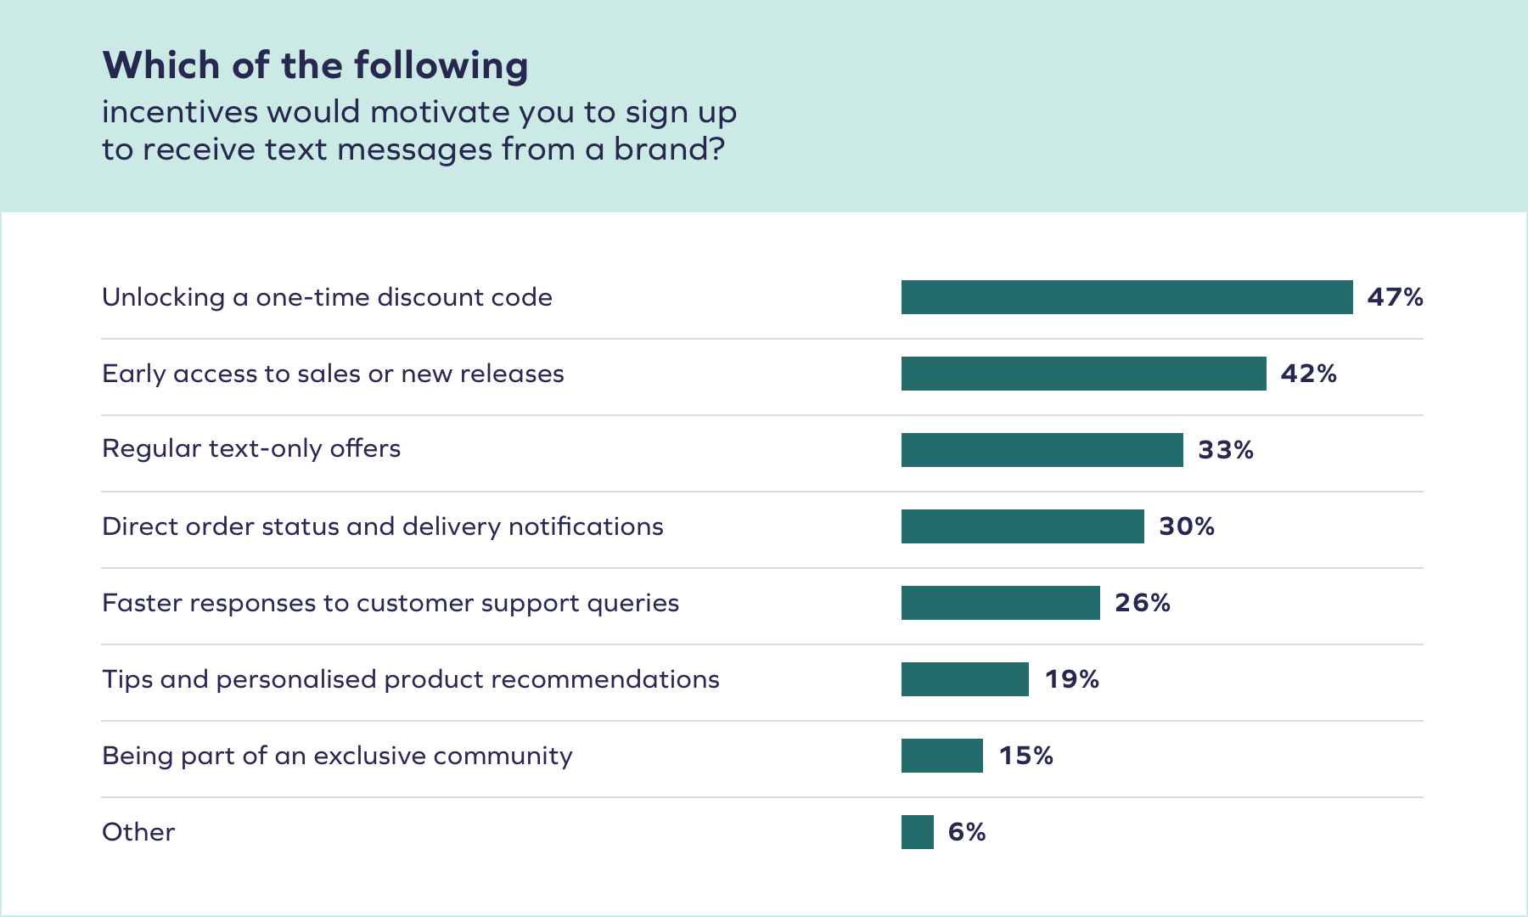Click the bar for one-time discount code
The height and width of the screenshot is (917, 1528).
(1126, 297)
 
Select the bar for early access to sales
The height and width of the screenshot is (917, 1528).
(1083, 374)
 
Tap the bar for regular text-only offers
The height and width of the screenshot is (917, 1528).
(1042, 450)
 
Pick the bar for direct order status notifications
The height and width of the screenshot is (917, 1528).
(1022, 526)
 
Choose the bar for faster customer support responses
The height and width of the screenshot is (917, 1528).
(1000, 603)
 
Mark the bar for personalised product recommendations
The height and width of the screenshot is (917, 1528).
(964, 679)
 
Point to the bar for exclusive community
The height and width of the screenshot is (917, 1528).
(941, 756)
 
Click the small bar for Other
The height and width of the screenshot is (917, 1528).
(917, 832)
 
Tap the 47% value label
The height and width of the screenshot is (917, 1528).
(1395, 297)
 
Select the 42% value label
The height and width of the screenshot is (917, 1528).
(1308, 374)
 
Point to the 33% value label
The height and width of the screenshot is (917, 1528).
(1225, 450)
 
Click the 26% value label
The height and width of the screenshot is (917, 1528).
(1142, 603)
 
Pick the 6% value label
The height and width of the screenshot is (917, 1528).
(966, 832)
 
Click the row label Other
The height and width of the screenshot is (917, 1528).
(138, 832)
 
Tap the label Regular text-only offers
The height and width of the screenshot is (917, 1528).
(251, 448)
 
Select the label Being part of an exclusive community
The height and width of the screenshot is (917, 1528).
(337, 756)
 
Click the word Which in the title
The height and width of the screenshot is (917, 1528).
(161, 65)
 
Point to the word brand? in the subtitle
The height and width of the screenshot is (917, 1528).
(669, 149)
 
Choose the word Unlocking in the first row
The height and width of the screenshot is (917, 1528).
(163, 297)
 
